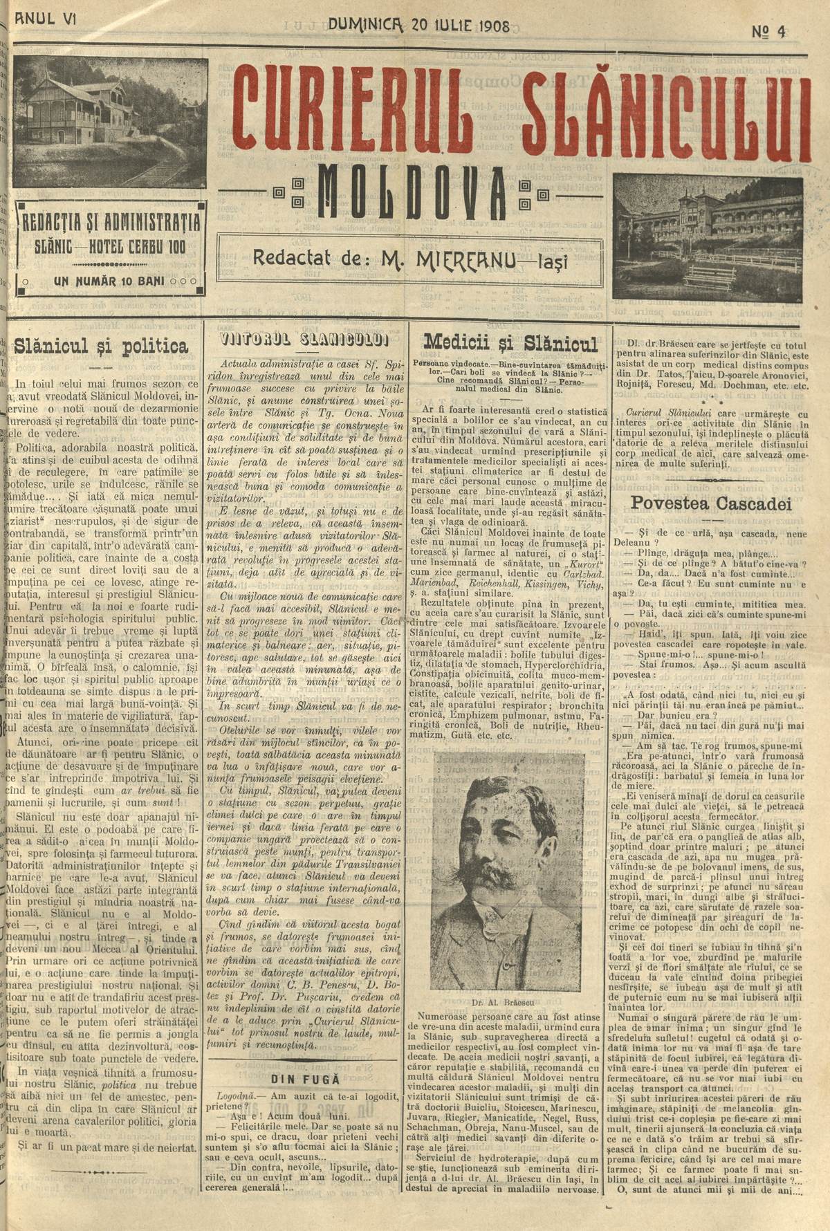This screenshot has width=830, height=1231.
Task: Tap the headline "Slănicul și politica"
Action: [101, 346]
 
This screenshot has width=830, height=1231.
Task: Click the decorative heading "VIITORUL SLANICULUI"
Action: [304, 340]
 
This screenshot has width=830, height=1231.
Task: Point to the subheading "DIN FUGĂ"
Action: [305, 1078]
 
